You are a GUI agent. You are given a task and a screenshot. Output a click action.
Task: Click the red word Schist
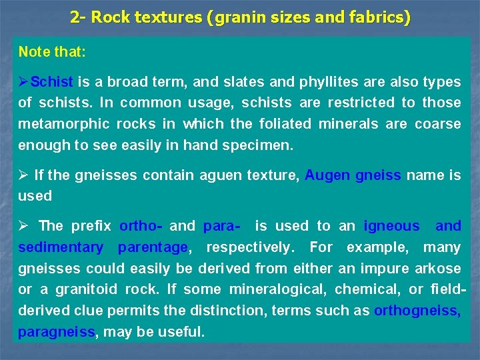52,82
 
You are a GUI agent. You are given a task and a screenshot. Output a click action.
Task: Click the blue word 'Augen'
327,175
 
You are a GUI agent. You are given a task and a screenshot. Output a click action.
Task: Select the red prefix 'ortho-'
141,226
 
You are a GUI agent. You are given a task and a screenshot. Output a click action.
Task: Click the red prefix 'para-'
225,226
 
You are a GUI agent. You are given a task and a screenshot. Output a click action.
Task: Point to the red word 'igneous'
392,226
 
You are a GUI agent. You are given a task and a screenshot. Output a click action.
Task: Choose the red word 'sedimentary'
61,247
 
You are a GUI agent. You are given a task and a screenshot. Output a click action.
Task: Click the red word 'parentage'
153,247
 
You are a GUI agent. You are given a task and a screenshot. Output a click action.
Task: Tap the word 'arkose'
437,269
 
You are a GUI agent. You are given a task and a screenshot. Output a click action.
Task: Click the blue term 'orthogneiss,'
417,311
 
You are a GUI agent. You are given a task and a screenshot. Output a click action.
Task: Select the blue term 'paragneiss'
57,332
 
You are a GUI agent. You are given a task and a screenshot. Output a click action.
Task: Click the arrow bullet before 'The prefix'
24,226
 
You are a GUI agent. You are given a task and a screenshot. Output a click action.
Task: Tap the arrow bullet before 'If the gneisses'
24,175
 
